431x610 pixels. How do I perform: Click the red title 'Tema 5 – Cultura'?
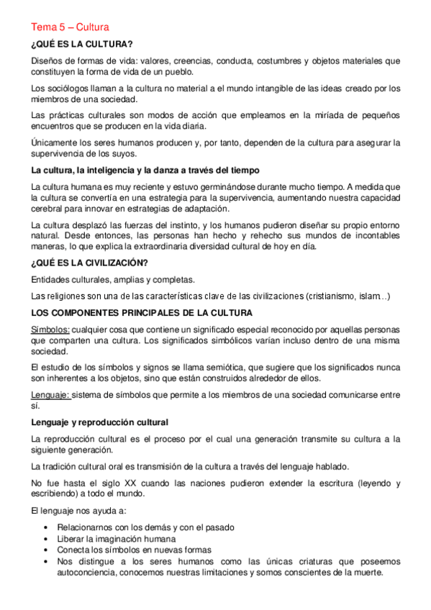pyautogui.click(x=70, y=27)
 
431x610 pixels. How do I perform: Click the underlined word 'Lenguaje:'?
pyautogui.click(x=50, y=395)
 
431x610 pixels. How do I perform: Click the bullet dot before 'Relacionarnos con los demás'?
pyautogui.click(x=46, y=528)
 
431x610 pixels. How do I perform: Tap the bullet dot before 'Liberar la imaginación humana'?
pyautogui.click(x=46, y=539)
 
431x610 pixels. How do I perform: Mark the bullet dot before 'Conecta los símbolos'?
pyautogui.click(x=46, y=550)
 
